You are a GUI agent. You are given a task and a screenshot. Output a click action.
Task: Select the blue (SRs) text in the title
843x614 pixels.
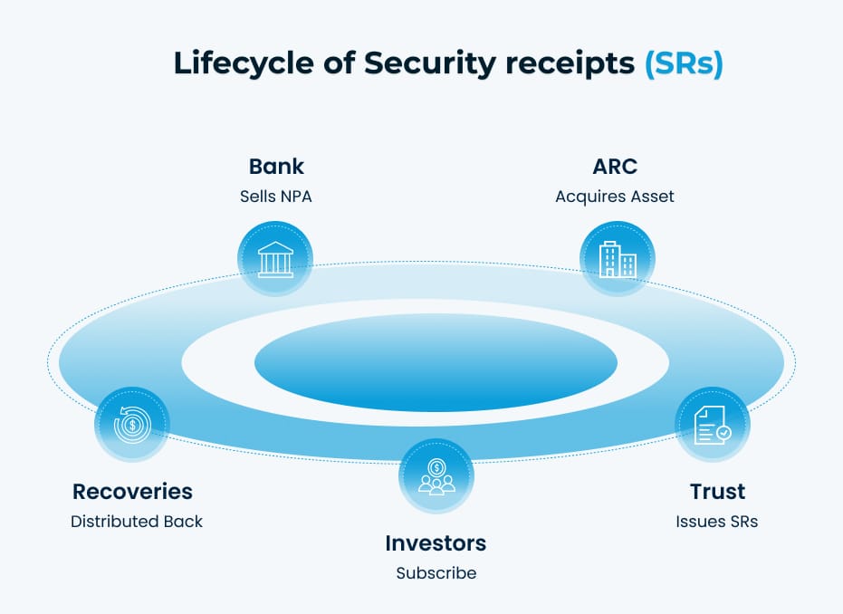pyautogui.click(x=684, y=65)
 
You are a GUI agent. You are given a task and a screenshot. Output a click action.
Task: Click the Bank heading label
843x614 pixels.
pyautogui.click(x=276, y=167)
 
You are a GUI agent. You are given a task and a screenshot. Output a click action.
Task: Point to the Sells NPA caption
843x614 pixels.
pyautogui.click(x=276, y=196)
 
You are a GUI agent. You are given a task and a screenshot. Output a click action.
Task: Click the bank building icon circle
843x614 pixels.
pyautogui.click(x=275, y=259)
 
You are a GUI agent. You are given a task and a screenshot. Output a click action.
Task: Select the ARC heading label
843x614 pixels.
pyautogui.click(x=615, y=167)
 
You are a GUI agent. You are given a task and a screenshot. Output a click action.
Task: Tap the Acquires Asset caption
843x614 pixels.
pyautogui.click(x=615, y=196)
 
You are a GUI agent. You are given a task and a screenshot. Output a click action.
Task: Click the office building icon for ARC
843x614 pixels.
pyautogui.click(x=617, y=259)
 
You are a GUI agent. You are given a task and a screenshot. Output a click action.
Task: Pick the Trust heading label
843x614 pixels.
pyautogui.click(x=717, y=492)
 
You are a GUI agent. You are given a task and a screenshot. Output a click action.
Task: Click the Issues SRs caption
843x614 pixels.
pyautogui.click(x=717, y=522)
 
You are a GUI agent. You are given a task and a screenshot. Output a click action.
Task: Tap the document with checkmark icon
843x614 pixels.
pyautogui.click(x=713, y=424)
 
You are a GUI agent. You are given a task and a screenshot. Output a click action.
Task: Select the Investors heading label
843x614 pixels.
pyautogui.click(x=436, y=543)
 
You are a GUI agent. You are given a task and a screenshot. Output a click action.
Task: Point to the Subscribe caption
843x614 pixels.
pyautogui.click(x=436, y=573)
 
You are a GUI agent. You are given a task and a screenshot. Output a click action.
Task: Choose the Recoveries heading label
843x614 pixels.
pyautogui.click(x=132, y=492)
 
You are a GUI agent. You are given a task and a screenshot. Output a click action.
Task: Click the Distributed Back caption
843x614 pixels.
pyautogui.click(x=137, y=522)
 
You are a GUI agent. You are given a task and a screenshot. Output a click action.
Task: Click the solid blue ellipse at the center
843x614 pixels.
pyautogui.click(x=436, y=363)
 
